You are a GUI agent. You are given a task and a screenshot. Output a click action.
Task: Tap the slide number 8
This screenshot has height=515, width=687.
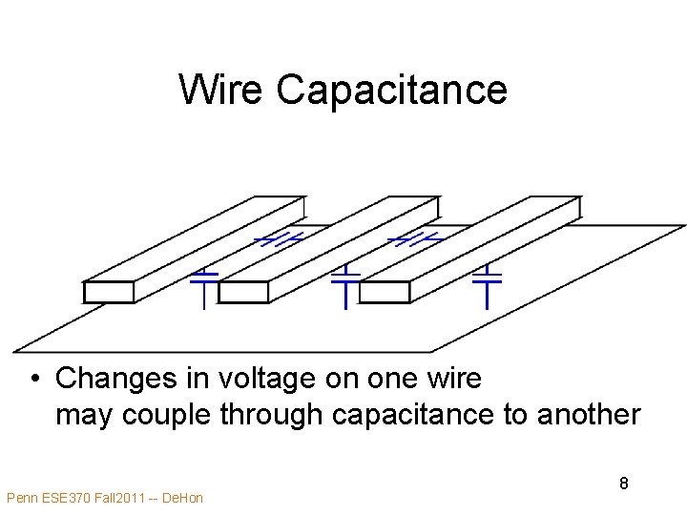623,484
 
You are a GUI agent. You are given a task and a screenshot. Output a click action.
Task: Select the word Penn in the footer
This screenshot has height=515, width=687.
23,498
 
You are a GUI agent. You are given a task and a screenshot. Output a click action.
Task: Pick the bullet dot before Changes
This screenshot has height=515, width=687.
33,380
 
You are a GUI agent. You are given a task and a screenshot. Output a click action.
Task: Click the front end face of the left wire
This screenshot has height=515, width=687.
108,292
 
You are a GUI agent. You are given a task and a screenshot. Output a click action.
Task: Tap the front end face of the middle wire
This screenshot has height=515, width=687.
243,292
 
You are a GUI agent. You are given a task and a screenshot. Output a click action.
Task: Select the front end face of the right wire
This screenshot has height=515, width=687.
385,292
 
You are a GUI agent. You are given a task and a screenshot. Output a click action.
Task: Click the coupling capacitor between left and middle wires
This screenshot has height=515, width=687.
281,238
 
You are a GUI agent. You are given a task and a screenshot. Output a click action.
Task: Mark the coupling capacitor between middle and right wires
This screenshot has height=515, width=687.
415,238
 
